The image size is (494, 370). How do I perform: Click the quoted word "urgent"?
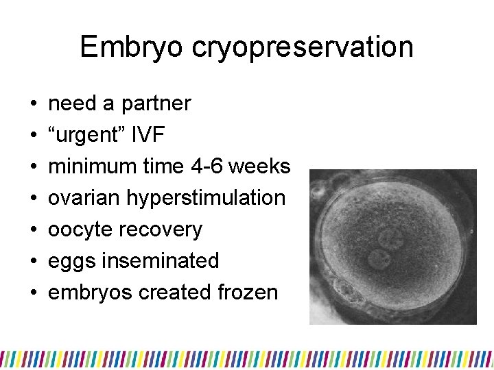point(84,135)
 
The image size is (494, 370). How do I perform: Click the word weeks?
point(261,166)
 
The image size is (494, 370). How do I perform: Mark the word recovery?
point(162,230)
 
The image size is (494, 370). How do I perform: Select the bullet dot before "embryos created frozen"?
point(33,293)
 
